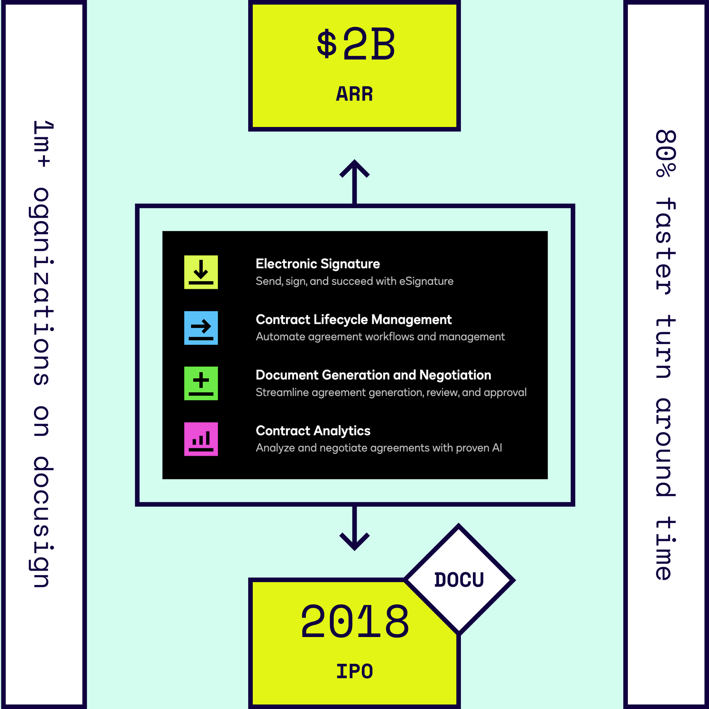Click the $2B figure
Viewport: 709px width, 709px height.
point(356,45)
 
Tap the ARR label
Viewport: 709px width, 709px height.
point(354,94)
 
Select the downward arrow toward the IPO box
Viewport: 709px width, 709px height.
point(354,528)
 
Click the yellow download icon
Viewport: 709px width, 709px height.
point(201,272)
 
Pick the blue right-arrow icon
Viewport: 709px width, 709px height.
point(201,328)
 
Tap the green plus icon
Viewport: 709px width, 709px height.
point(201,384)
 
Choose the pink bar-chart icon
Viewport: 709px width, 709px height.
point(201,439)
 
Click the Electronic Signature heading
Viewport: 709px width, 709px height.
point(318,264)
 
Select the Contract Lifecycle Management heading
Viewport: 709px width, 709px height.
point(353,320)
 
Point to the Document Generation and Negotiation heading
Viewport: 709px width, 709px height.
point(373,375)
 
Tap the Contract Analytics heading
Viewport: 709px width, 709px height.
point(313,431)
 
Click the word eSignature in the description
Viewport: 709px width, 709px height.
point(426,281)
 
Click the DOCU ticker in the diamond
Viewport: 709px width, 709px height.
point(459,580)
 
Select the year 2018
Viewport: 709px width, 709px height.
point(354,621)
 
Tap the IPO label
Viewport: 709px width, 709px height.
point(354,671)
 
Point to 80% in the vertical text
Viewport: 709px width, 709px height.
point(665,153)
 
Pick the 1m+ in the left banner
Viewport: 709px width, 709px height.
point(42,144)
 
